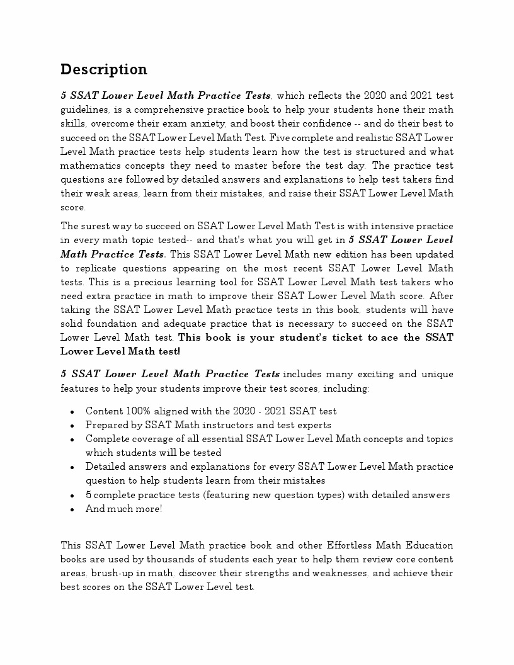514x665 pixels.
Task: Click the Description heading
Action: click(x=104, y=69)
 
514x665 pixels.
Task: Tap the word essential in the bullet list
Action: click(x=221, y=439)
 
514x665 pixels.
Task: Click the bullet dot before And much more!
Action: click(x=72, y=509)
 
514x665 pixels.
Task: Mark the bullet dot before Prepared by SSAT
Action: click(x=72, y=426)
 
